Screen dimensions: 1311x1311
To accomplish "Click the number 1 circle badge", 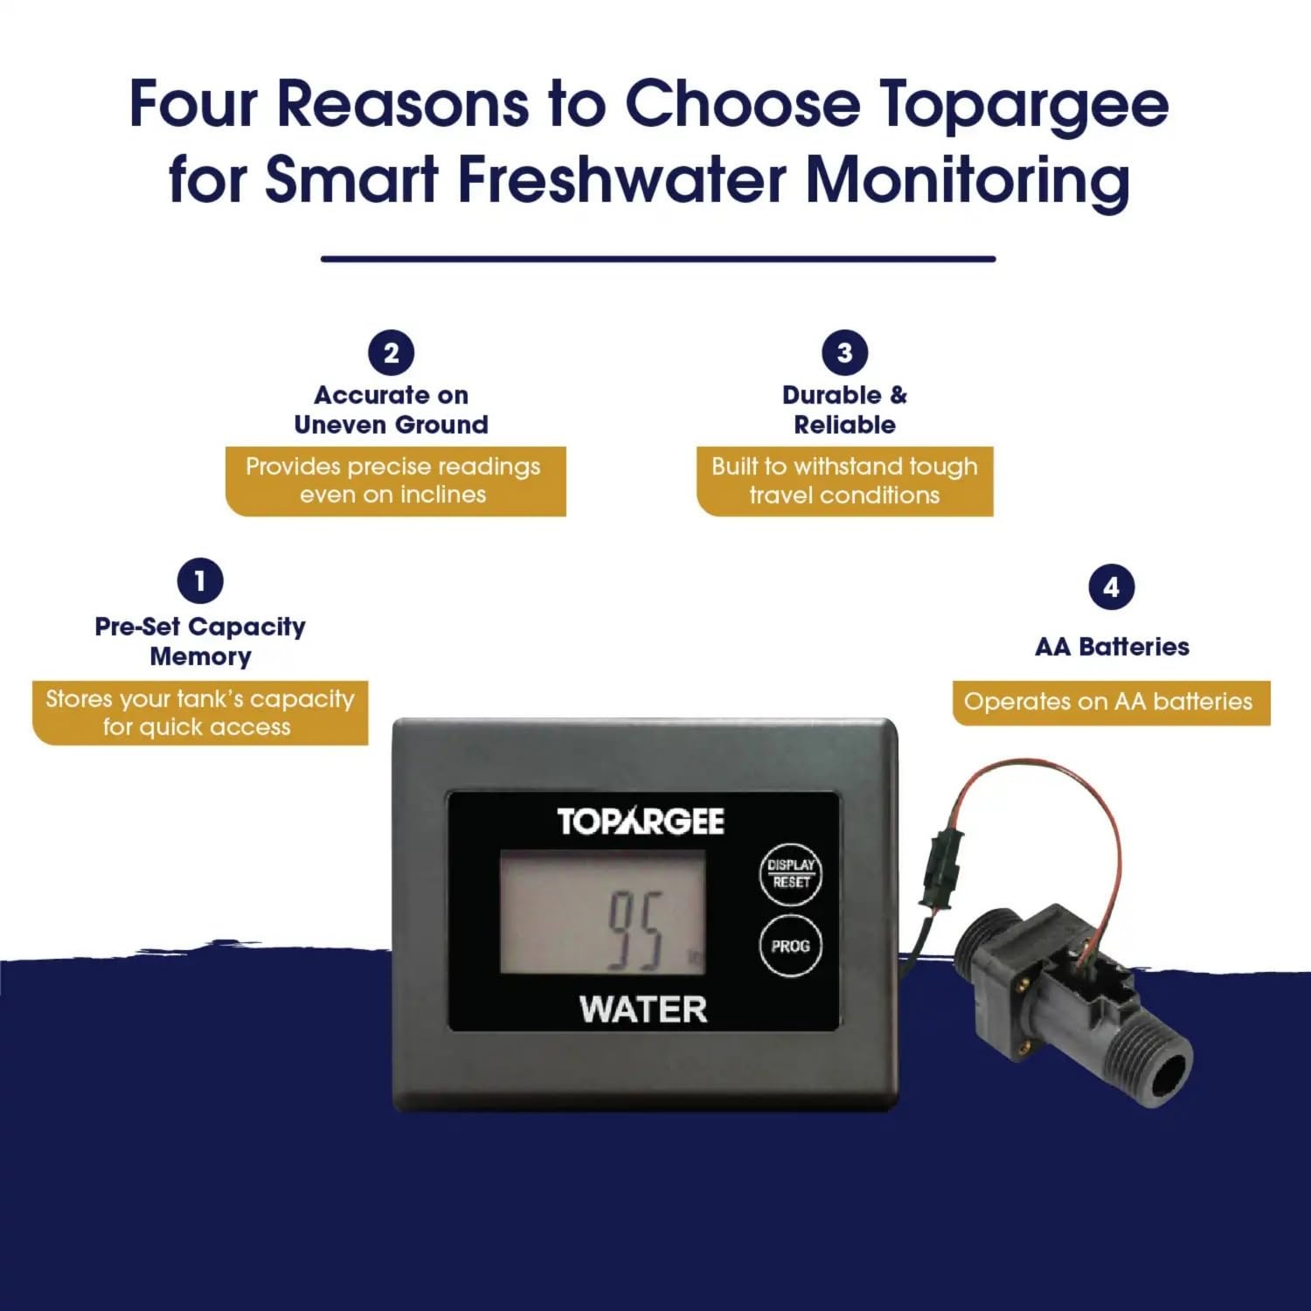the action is [x=200, y=580].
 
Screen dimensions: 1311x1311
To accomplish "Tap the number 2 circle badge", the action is [x=391, y=353].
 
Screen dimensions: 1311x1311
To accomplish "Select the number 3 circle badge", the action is [x=844, y=352].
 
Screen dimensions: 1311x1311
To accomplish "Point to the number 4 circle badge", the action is [x=1111, y=587].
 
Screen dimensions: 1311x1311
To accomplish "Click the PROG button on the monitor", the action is [x=790, y=946].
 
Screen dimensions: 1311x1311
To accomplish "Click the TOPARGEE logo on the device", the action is [x=641, y=821].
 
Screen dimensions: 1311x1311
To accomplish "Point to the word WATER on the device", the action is [x=643, y=1009].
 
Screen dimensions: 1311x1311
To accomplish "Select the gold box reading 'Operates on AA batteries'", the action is [x=1111, y=702].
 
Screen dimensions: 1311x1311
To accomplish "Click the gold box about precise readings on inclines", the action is [x=396, y=481].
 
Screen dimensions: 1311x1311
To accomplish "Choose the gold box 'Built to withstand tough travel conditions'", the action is [x=844, y=481].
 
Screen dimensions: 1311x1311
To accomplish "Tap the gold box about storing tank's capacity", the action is [x=200, y=713].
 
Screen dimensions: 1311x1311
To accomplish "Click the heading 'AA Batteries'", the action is [x=1112, y=647].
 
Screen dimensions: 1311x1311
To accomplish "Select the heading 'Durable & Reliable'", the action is [x=844, y=410].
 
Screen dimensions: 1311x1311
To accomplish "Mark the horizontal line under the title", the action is [x=658, y=259].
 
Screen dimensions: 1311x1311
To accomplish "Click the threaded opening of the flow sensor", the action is [x=1170, y=1071].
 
